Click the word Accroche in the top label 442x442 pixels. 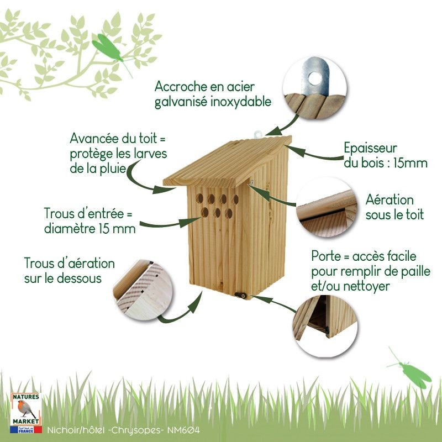coord(180,87)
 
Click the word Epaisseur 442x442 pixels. coord(370,149)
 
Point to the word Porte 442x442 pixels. coord(326,256)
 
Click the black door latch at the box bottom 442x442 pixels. coord(240,296)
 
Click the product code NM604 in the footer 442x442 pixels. coord(184,430)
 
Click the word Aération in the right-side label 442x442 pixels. coord(390,200)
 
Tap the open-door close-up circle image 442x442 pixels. coord(325,325)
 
